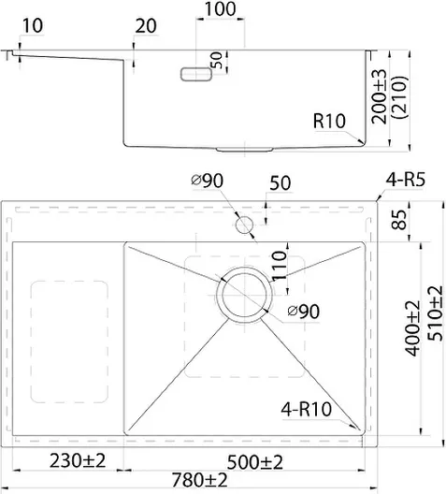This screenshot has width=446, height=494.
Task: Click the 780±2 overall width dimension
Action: pos(199,480)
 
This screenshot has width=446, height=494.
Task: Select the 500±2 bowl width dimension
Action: pos(255,462)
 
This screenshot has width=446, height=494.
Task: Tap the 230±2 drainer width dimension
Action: pos(78,460)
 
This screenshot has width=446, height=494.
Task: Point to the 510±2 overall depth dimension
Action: pos(436,313)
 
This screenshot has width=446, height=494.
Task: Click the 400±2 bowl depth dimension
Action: pos(412,328)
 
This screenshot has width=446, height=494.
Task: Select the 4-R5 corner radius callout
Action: pos(406,180)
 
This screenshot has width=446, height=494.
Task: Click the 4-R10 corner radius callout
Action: pos(307,409)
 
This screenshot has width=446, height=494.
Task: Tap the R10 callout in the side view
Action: pos(329,121)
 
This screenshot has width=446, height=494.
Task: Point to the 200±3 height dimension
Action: pos(379,96)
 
